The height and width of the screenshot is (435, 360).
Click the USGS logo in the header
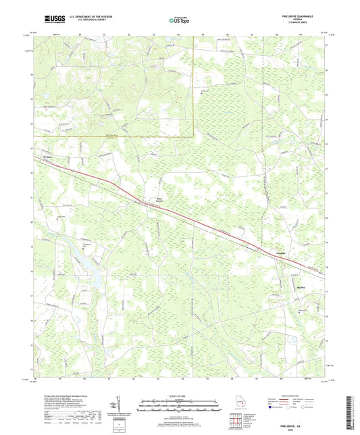[x=51, y=20]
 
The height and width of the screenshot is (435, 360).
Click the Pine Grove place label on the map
[x=159, y=200]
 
